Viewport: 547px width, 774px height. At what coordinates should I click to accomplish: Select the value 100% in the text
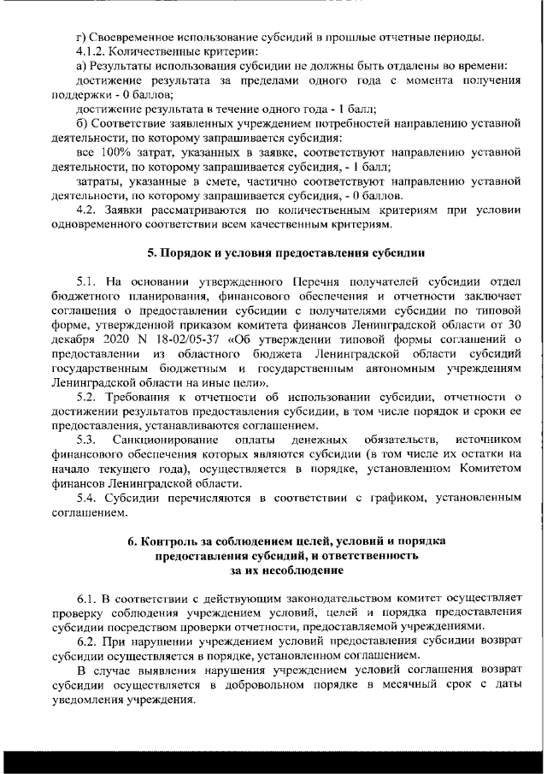point(109,151)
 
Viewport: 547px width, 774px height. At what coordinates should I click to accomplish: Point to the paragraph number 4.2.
point(85,210)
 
